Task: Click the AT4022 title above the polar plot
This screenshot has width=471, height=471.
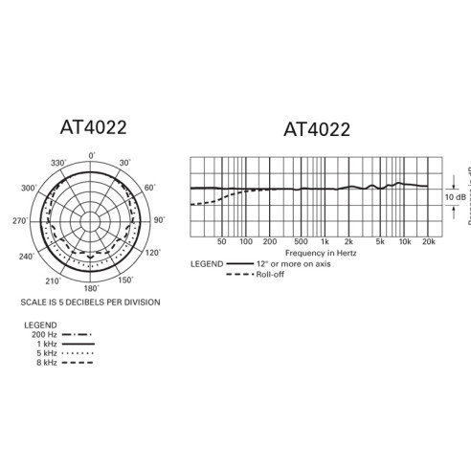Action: tap(92, 127)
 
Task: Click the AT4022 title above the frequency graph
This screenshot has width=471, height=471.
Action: tap(317, 128)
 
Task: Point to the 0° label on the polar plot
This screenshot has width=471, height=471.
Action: tap(92, 155)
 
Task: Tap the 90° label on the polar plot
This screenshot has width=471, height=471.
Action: tap(158, 220)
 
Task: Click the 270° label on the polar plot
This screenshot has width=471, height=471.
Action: tap(19, 221)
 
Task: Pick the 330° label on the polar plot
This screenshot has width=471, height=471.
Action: tap(57, 164)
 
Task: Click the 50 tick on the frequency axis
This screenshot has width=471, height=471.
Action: tap(222, 242)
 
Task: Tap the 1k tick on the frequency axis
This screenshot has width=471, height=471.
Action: tap(325, 242)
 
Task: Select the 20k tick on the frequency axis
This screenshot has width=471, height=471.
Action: tap(430, 242)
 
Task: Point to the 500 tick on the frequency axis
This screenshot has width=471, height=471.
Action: tap(301, 242)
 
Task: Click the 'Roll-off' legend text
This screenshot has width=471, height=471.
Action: tap(268, 274)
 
